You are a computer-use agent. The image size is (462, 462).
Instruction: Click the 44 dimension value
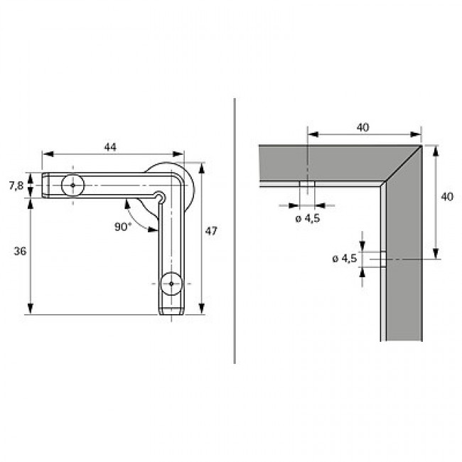coord(110,146)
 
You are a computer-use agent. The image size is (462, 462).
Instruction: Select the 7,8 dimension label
coord(16,186)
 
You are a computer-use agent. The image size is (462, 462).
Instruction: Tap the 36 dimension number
coord(20,251)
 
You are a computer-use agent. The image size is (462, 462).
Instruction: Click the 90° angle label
coord(123,227)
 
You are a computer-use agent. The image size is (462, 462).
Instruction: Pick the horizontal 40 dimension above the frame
coord(363,127)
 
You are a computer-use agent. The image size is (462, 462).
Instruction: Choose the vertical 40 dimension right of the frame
coord(447,197)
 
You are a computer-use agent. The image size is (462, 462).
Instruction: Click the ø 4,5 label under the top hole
coord(307,218)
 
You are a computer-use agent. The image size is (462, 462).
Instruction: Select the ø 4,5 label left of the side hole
coord(344,259)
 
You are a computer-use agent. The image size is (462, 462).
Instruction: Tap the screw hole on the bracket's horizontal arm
coord(72,186)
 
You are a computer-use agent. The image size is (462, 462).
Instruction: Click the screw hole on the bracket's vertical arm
coord(171,284)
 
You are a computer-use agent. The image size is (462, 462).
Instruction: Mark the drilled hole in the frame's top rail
coord(307,186)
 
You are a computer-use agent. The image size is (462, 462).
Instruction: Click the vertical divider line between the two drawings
coord(235,231)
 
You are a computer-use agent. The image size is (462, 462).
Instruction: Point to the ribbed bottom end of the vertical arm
coord(171,309)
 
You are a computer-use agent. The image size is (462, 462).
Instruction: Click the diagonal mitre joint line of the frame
coord(402,164)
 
